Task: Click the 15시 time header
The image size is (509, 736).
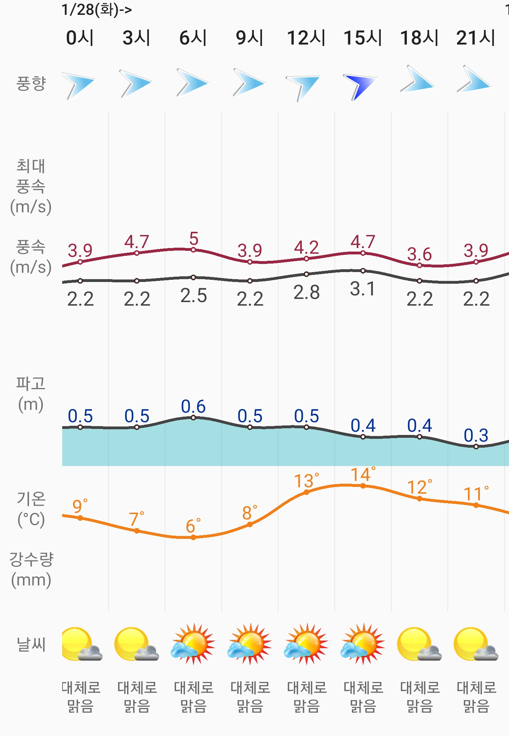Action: coord(363,38)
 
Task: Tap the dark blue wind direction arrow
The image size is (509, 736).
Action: coord(361,86)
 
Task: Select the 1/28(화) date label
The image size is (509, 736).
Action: coord(96,10)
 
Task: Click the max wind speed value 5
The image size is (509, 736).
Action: coord(194,239)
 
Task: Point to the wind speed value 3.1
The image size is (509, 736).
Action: coord(363,289)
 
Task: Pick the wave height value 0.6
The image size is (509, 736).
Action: coord(193,406)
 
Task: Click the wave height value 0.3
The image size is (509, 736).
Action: coord(476,435)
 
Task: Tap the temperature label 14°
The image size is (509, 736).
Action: coord(363,475)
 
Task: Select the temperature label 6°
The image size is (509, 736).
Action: coord(193,526)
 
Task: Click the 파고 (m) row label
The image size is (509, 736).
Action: coord(31,394)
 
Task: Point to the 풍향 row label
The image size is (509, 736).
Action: coord(31,84)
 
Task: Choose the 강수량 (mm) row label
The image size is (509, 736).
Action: coord(31,569)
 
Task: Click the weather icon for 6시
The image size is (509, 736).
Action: coord(193,644)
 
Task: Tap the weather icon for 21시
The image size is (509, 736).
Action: coord(476,644)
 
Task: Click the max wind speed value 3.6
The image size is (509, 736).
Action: coord(419,254)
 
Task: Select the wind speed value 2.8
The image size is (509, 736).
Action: coord(306,293)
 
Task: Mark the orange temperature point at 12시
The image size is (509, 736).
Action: coord(306,492)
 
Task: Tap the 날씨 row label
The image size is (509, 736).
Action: coord(31,644)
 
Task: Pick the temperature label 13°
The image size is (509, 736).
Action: coord(306,481)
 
